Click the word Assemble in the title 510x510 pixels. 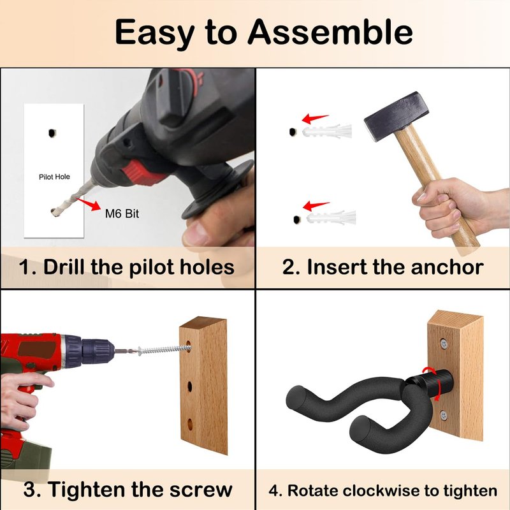click(x=330, y=33)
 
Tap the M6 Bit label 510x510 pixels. click(x=122, y=214)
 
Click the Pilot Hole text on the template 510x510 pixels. click(x=54, y=177)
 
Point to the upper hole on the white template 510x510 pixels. click(x=52, y=133)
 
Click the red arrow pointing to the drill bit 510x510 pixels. click(x=88, y=204)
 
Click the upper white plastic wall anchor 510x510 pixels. click(x=327, y=131)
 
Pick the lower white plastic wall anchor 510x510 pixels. click(x=331, y=217)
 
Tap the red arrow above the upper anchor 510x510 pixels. click(x=314, y=119)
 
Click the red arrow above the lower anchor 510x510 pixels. click(x=316, y=205)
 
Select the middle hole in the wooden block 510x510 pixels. click(x=189, y=387)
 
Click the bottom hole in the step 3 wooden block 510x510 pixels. click(x=190, y=424)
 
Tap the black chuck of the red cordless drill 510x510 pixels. click(x=97, y=353)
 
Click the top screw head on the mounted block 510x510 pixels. click(x=444, y=344)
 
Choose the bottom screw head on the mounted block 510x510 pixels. click(x=444, y=415)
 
